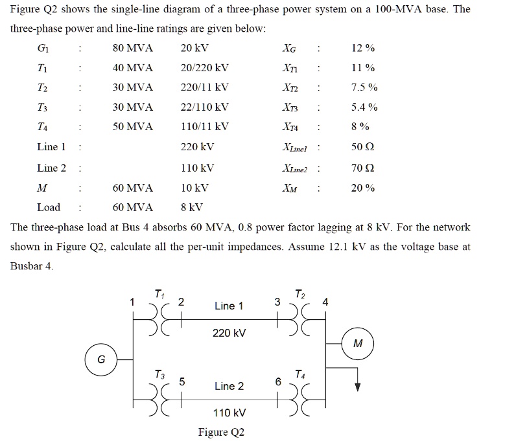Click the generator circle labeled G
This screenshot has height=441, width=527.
pyautogui.click(x=101, y=359)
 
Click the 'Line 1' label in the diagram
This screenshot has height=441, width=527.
pyautogui.click(x=229, y=306)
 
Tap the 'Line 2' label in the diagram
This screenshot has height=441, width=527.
pyautogui.click(x=229, y=386)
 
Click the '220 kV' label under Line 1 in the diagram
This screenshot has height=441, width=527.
pyautogui.click(x=229, y=333)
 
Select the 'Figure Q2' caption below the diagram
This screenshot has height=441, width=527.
pyautogui.click(x=222, y=432)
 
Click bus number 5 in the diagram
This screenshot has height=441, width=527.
pyautogui.click(x=182, y=382)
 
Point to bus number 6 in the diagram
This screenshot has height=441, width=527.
pyautogui.click(x=278, y=382)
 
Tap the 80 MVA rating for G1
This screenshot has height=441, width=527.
pyautogui.click(x=132, y=49)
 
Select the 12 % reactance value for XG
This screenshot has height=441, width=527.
pyautogui.click(x=363, y=49)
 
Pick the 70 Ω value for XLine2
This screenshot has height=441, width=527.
pyautogui.click(x=363, y=168)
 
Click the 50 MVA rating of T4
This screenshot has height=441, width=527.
pyautogui.click(x=132, y=127)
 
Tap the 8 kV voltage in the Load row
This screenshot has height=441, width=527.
pyautogui.click(x=192, y=207)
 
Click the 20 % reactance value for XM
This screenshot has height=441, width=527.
pyautogui.click(x=363, y=188)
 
